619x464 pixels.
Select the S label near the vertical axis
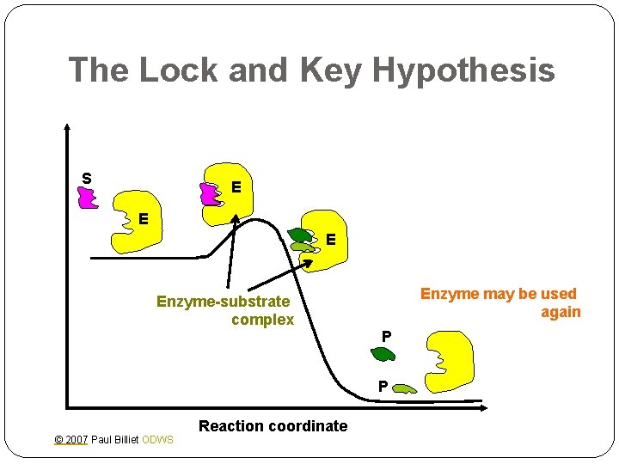pyautogui.click(x=87, y=178)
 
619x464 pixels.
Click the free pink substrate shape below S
pyautogui.click(x=87, y=198)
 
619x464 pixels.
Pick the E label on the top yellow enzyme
pyautogui.click(x=236, y=186)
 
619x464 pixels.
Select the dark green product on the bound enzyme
pyautogui.click(x=301, y=234)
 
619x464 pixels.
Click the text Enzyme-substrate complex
pyautogui.click(x=225, y=310)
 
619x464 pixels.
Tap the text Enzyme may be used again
pyautogui.click(x=500, y=302)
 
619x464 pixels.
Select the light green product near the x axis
pyautogui.click(x=402, y=389)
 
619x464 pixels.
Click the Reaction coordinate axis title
pyautogui.click(x=273, y=425)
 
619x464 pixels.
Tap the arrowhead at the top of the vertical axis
pyautogui.click(x=67, y=127)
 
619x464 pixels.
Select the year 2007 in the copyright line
pyautogui.click(x=76, y=440)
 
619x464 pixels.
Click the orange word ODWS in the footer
pyautogui.click(x=157, y=440)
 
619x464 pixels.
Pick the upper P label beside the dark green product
pyautogui.click(x=386, y=335)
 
